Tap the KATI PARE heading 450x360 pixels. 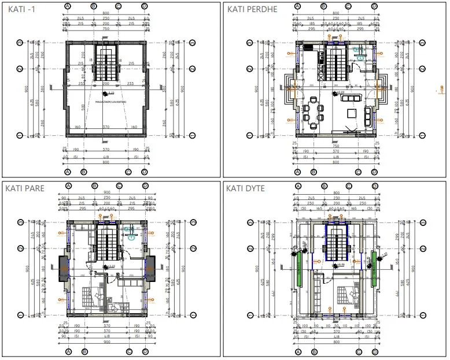(25, 188)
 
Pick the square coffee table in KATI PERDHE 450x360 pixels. (351, 113)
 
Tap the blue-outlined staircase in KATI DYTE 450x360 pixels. (335, 242)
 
